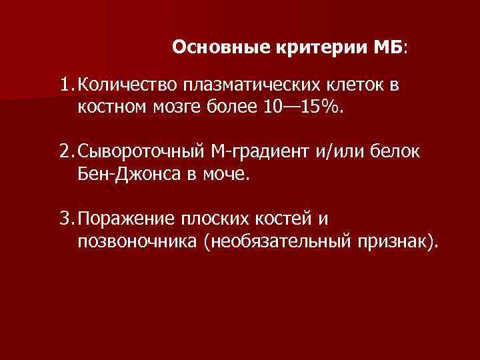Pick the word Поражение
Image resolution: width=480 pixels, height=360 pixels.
(x=126, y=219)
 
